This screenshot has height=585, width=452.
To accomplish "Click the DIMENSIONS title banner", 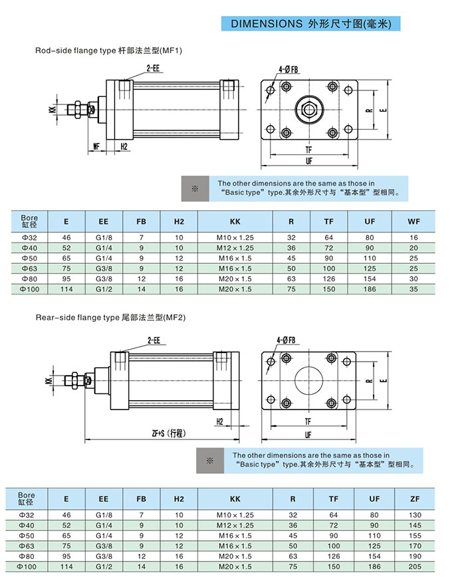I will [x=310, y=24].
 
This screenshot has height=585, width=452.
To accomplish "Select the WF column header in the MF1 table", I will [x=413, y=221].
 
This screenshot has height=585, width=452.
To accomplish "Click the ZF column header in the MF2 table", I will [x=415, y=499].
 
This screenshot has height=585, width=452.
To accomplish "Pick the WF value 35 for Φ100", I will [x=413, y=289].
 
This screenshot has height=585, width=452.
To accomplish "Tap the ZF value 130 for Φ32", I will [x=415, y=515].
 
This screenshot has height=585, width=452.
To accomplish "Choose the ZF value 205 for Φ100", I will [x=415, y=566].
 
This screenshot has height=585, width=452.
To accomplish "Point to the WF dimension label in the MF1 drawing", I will [x=96, y=146].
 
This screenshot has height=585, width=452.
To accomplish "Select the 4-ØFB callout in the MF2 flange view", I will [x=287, y=341].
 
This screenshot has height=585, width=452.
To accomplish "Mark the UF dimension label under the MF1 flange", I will [x=309, y=161].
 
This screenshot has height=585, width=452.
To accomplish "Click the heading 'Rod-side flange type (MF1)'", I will [x=108, y=51].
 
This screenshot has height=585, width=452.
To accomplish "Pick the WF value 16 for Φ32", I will [x=413, y=237].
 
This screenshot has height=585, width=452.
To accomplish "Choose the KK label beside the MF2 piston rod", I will [x=49, y=381].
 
